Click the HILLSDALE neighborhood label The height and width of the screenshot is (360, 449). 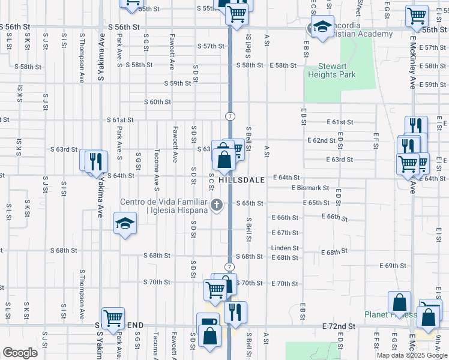point(242,179)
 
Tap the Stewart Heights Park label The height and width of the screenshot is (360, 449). point(332,70)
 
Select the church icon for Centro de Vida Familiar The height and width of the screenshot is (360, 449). point(217,205)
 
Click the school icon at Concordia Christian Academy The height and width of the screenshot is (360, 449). point(321,27)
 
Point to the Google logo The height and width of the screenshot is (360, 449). point(20,353)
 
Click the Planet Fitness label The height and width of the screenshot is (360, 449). point(389,314)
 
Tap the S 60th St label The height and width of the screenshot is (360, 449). point(157,102)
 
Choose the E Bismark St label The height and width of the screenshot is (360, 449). point(310,188)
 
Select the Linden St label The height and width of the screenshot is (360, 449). point(285,248)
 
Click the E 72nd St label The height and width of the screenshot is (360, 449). point(339,326)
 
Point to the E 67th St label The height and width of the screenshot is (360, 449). point(285,232)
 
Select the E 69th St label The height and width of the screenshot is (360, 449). point(393,265)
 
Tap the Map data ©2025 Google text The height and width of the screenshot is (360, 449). point(411,355)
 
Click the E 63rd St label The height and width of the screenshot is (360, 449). point(339,160)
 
